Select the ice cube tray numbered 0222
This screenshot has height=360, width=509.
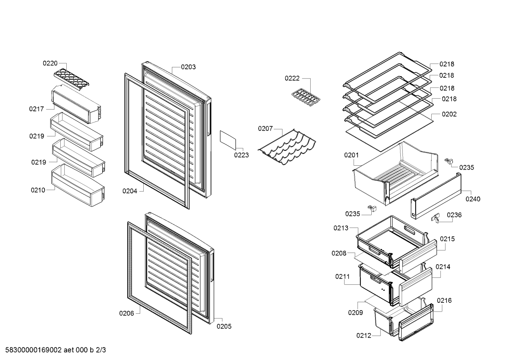coord(306,98)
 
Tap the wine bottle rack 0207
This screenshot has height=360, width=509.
coord(287,147)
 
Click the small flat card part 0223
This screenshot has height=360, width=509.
coord(228,140)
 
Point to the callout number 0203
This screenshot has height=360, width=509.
coord(188,67)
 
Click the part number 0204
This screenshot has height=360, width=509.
coord(130,191)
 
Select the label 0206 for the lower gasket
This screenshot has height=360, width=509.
coord(127,313)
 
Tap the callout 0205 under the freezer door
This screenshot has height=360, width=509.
coord(224,326)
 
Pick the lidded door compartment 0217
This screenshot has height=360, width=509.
coord(76,104)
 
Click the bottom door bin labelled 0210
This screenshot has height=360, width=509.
coord(78,185)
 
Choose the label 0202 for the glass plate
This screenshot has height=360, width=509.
coord(449,114)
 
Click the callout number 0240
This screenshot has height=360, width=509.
coord(473,199)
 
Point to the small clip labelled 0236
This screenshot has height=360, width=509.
coord(435,218)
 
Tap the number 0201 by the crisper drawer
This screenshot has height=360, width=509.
coord(352,155)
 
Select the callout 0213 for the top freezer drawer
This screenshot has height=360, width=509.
coord(341,228)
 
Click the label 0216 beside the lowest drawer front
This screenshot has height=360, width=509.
coord(444,300)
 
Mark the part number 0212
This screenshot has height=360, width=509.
coord(364,335)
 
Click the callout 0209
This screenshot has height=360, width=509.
coord(355,312)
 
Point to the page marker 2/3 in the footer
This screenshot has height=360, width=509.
coord(101,350)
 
